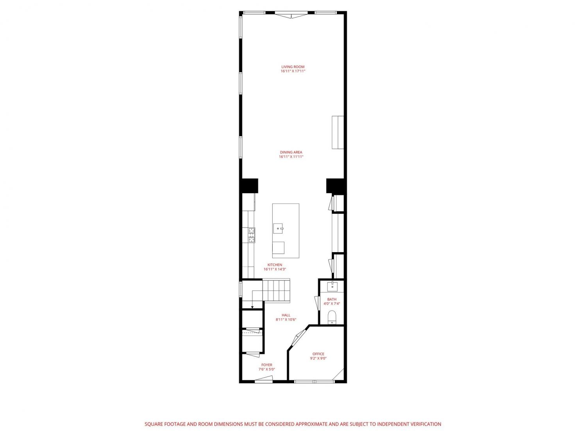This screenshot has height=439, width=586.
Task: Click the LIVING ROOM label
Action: pos(293,67)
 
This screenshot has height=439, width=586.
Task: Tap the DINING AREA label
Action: pos(291,152)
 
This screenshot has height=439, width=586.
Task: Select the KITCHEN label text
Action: pos(275,265)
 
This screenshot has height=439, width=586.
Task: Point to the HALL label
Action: pos(286,315)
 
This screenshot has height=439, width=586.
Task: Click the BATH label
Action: pos(332,299)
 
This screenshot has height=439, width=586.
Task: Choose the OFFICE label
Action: pos(318,354)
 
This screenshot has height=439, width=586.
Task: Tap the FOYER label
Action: pos(267,365)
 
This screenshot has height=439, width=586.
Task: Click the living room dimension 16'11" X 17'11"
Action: pos(293,71)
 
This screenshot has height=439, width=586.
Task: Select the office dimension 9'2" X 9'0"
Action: pos(318,358)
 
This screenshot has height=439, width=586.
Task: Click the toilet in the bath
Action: pos(332,317)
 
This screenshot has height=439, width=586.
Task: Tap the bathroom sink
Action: pos(332,286)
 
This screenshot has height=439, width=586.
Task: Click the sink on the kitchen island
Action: pos(278,228)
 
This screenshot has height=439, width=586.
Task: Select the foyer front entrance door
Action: pos(263,379)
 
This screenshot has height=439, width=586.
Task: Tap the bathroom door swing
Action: pos(317,303)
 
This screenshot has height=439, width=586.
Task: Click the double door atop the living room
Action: pos(291,15)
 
